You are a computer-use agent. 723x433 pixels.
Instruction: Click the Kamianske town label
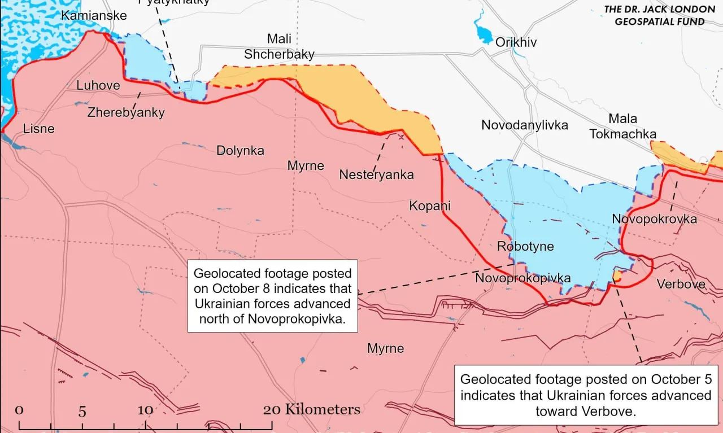(94, 15)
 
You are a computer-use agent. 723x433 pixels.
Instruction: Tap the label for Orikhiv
(516, 42)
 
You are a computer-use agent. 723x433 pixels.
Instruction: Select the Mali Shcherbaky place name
(279, 46)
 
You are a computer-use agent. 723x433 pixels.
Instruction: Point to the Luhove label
(98, 85)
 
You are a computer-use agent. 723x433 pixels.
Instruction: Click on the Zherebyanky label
(126, 112)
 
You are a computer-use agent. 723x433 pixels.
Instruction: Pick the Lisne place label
(39, 129)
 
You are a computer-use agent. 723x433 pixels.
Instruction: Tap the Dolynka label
(240, 151)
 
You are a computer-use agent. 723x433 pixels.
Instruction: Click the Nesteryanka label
(376, 175)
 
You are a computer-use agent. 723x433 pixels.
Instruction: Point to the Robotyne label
(525, 247)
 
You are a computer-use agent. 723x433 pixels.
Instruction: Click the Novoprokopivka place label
(522, 278)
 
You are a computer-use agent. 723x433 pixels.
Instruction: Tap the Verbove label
(681, 284)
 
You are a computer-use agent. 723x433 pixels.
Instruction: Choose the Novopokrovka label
(654, 219)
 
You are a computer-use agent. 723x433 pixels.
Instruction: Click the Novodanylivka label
(524, 125)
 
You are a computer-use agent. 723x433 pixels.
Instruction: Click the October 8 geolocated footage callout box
(272, 296)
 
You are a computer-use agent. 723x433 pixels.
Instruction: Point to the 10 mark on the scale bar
(145, 410)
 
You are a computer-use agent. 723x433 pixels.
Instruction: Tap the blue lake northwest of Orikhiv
(484, 33)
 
